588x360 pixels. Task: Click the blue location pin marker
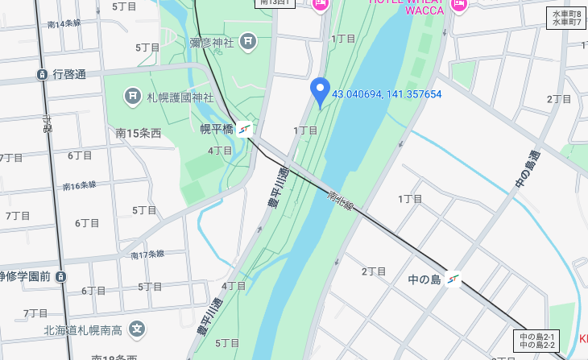pyautogui.click(x=321, y=92)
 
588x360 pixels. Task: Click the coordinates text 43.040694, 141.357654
pyautogui.click(x=387, y=94)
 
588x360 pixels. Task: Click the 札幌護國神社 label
pyautogui.click(x=180, y=97)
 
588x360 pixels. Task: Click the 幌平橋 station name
pyautogui.click(x=216, y=128)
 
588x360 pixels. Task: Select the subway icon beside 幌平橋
pyautogui.click(x=245, y=128)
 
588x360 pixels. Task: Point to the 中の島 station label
pyautogui.click(x=424, y=279)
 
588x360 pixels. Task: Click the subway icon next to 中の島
pyautogui.click(x=454, y=279)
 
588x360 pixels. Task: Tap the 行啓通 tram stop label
pyautogui.click(x=69, y=74)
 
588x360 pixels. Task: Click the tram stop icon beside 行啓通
pyautogui.click(x=42, y=75)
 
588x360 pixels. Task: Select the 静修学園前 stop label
pyautogui.click(x=26, y=276)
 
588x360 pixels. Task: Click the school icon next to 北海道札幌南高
pyautogui.click(x=138, y=329)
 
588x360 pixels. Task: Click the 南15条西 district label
pyautogui.click(x=139, y=133)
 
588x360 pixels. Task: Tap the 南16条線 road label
pyautogui.click(x=79, y=186)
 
